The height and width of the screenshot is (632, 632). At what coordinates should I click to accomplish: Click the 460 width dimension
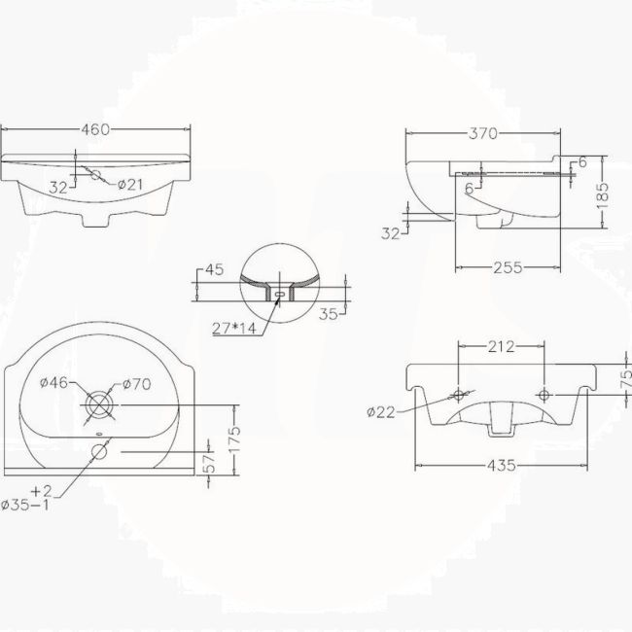pos(94,129)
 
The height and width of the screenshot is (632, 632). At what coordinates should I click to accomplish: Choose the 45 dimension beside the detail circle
pos(215,271)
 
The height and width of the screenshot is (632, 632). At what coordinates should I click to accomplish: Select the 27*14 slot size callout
pos(233,329)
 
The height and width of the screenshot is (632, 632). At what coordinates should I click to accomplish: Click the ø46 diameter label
pos(53,384)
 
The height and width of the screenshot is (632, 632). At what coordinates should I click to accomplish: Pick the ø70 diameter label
pos(137,384)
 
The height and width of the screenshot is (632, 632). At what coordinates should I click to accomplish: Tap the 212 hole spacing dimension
pos(501,345)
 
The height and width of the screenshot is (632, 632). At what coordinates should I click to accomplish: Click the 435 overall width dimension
pos(503,466)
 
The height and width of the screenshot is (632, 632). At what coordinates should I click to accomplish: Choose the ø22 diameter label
pos(380,412)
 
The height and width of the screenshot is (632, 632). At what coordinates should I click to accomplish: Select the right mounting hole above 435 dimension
pos(547,395)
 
